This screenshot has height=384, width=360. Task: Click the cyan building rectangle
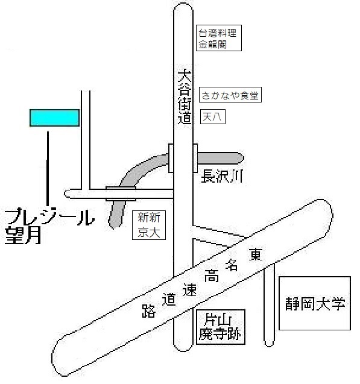[54, 118]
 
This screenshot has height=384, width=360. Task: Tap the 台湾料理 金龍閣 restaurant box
[219, 38]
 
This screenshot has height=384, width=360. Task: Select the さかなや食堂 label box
[230, 95]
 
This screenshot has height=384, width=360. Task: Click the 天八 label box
[213, 116]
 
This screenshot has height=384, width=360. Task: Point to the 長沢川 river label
[222, 176]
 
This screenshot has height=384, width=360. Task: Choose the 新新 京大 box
[149, 225]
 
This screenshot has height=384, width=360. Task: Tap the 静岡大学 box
[315, 303]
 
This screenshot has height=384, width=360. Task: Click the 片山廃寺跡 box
[221, 327]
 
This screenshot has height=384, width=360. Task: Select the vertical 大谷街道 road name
[184, 97]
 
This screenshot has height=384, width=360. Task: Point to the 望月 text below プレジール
[23, 236]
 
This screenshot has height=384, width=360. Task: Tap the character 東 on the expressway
[256, 254]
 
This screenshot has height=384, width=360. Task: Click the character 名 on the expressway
[232, 265]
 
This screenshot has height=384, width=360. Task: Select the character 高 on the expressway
[211, 275]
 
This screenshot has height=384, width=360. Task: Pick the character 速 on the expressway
[189, 290]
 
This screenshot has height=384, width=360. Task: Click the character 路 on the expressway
[149, 311]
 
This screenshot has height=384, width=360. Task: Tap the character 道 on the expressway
[169, 299]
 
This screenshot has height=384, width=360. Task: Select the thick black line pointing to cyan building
[48, 169]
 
